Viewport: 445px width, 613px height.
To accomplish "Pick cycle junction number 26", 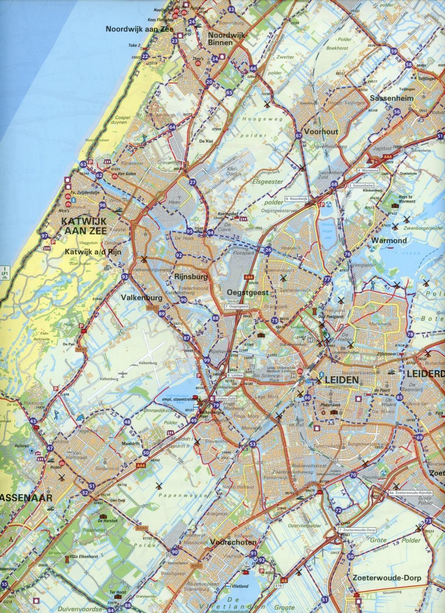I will point(268,250).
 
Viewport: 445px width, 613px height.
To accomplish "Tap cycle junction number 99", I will point(206,360).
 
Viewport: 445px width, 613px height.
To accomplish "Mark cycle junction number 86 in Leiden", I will point(308,397).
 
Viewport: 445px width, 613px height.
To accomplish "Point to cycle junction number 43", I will point(33,421).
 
